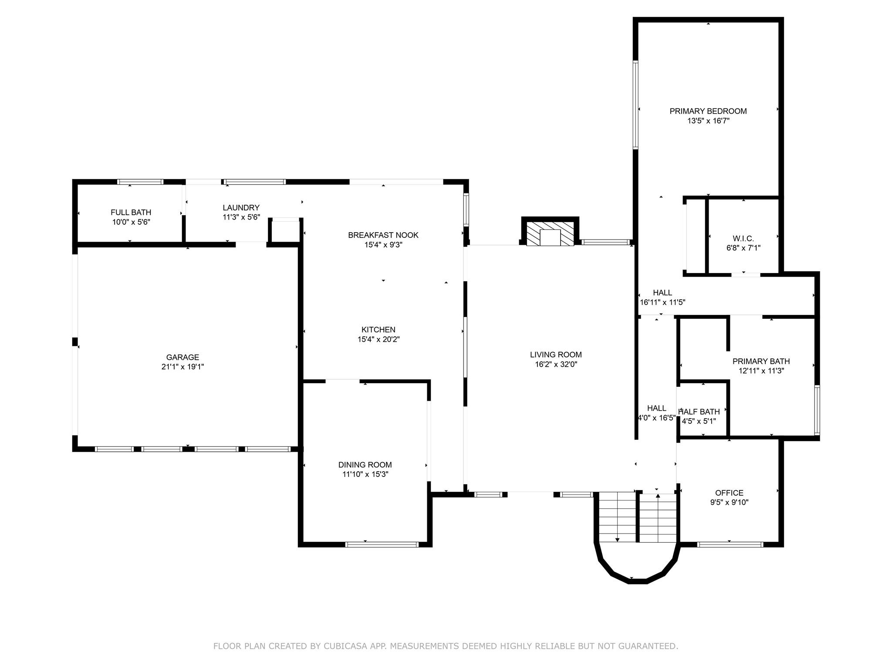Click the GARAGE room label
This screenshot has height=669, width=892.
(182, 357)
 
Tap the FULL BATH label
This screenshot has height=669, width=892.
(131, 212)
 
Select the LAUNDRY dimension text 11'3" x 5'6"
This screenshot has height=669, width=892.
(241, 217)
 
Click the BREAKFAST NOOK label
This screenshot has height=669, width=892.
(383, 235)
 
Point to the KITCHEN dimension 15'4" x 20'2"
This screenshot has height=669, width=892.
(378, 339)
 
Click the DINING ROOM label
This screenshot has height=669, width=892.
(365, 465)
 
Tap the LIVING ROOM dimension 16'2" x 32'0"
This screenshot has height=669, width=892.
(556, 365)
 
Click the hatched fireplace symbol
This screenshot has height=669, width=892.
(550, 234)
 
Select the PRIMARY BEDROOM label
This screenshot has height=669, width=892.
(708, 111)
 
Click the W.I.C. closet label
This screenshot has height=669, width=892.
(743, 239)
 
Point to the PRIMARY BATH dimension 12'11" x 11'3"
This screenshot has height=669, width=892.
(761, 371)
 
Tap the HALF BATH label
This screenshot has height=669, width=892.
(699, 412)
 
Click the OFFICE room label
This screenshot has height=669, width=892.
(729, 493)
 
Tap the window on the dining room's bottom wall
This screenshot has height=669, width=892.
(382, 544)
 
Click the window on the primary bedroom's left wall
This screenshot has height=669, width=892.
(635, 105)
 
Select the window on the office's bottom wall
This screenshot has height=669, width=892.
(730, 544)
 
